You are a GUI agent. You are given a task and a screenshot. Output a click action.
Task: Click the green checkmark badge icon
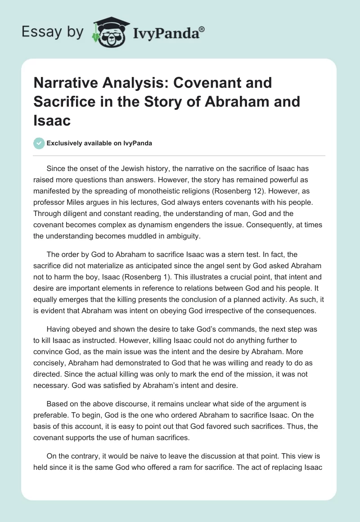pos(39,143)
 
